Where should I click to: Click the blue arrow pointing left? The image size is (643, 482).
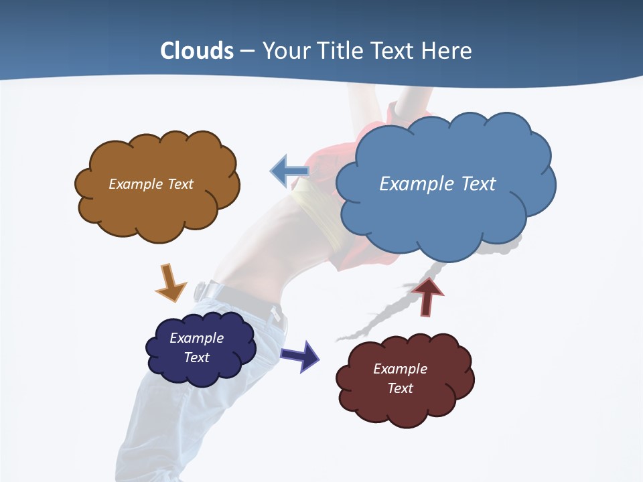coord(290,171)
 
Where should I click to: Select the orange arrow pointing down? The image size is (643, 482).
coord(170,283)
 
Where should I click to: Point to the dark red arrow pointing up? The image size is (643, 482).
coord(427,297)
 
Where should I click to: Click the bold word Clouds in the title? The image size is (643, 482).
coord(197,51)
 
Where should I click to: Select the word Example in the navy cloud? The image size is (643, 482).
coord(196,338)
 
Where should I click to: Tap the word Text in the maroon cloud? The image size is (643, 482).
coord(400,388)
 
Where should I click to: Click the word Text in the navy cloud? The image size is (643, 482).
coord(197,357)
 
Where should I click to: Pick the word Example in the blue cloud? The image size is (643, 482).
coord(417,184)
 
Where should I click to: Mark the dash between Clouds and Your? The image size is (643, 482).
coord(247,52)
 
